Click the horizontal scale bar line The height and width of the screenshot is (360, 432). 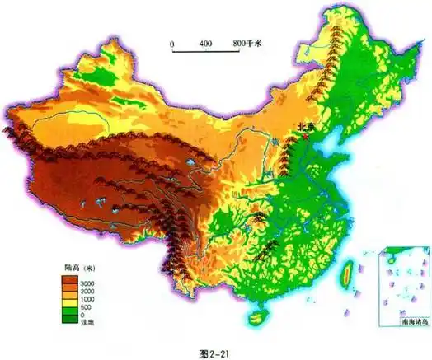(x=206, y=52)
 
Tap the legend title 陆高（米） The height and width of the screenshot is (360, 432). (x=82, y=269)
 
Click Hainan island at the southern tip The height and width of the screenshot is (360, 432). (x=256, y=314)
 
